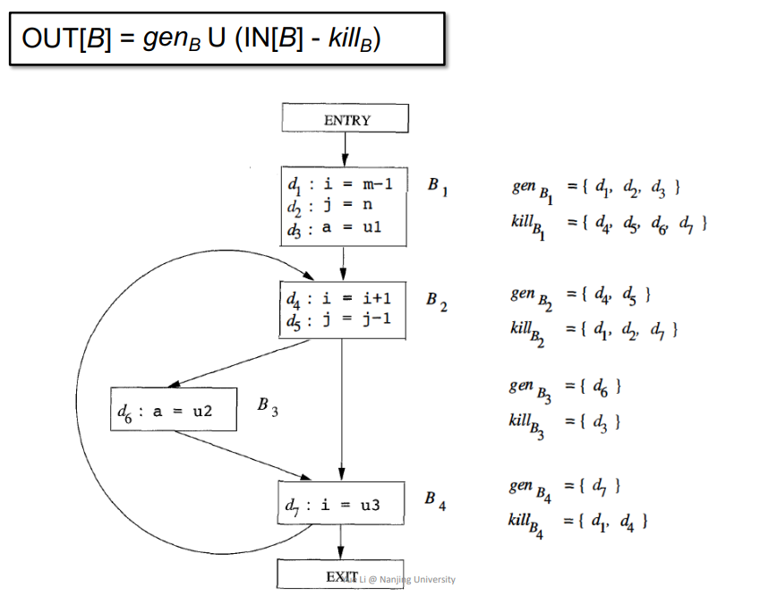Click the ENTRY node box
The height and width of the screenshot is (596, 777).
point(346,118)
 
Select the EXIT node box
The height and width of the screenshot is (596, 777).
point(340,575)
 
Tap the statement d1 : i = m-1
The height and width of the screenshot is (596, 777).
point(340,185)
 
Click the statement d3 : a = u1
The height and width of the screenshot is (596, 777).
point(335,228)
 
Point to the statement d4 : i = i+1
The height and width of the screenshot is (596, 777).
point(339,299)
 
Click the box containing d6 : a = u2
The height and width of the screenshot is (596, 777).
point(174,409)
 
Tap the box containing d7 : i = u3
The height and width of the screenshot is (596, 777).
point(341,503)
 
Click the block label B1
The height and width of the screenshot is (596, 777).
point(438,186)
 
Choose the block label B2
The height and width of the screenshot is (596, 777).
point(437,302)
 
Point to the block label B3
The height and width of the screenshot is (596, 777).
point(268,406)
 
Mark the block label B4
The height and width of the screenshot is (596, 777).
point(435,500)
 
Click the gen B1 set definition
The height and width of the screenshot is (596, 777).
point(596,191)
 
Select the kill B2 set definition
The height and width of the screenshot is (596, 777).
point(594,332)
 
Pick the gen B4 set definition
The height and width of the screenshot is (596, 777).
point(565,490)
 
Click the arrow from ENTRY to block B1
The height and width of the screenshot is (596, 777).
point(345,149)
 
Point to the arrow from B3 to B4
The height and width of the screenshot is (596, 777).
point(243,456)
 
